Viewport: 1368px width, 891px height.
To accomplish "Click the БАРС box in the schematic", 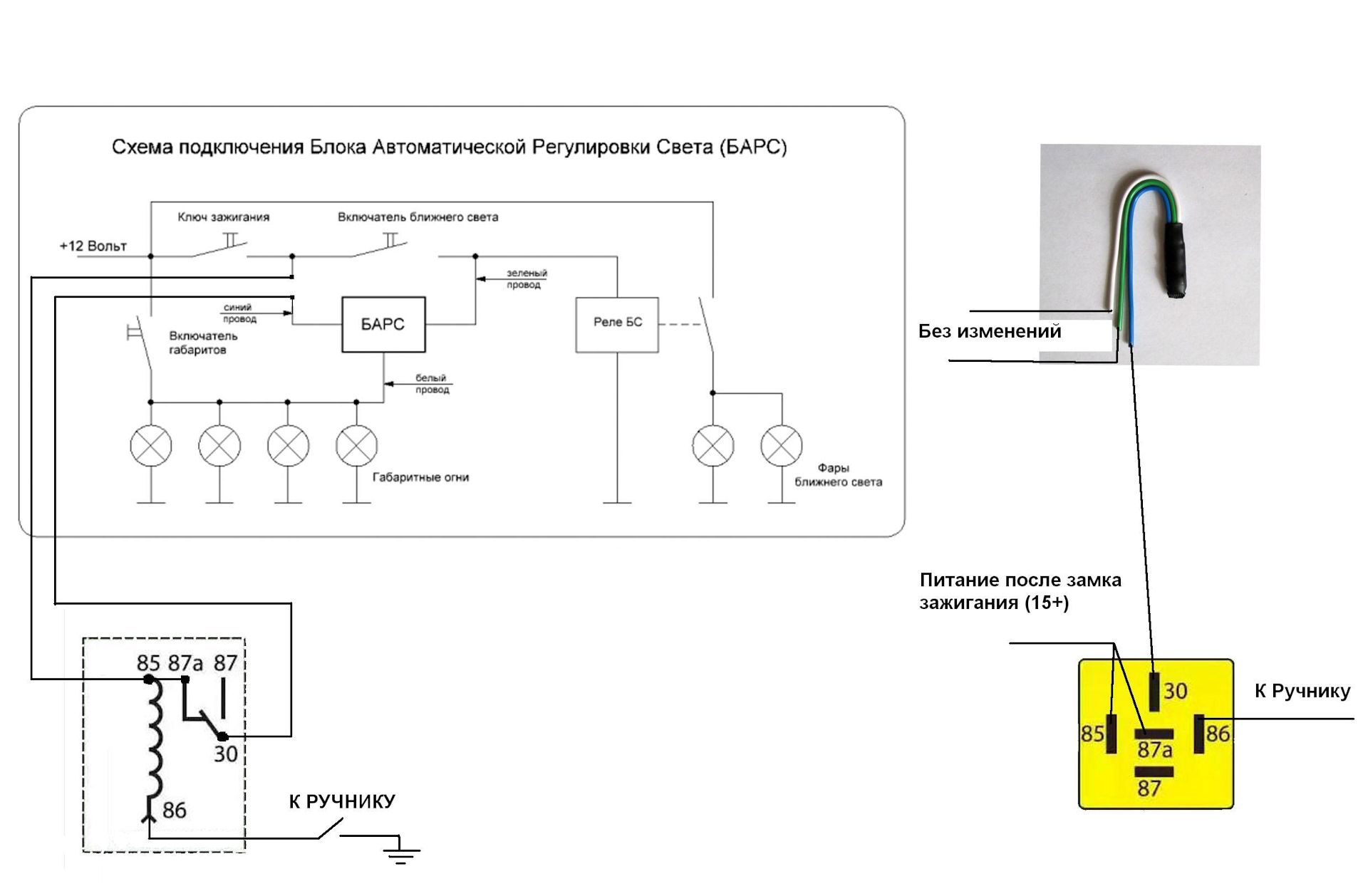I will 383,325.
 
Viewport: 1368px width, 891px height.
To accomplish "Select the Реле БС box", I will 617,325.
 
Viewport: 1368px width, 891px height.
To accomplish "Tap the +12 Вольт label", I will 93,246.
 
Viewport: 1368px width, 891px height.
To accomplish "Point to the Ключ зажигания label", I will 223,217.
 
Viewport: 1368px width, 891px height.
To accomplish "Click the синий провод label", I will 239,313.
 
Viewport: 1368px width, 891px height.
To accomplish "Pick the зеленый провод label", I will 527,278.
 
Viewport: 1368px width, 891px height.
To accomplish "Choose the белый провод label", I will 432,384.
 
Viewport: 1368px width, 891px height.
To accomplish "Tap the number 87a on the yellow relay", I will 1154,750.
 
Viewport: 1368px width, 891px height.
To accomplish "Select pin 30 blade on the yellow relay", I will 1154,692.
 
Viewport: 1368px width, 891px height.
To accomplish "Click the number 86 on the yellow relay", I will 1218,734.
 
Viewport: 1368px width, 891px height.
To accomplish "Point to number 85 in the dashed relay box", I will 148,663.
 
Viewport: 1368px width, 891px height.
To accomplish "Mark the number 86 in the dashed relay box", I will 174,811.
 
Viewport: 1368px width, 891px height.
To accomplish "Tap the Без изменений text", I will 989,331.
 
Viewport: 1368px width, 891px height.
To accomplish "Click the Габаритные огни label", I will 420,477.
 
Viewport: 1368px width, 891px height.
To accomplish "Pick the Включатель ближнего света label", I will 418,217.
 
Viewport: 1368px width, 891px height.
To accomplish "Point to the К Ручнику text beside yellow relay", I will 1302,691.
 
